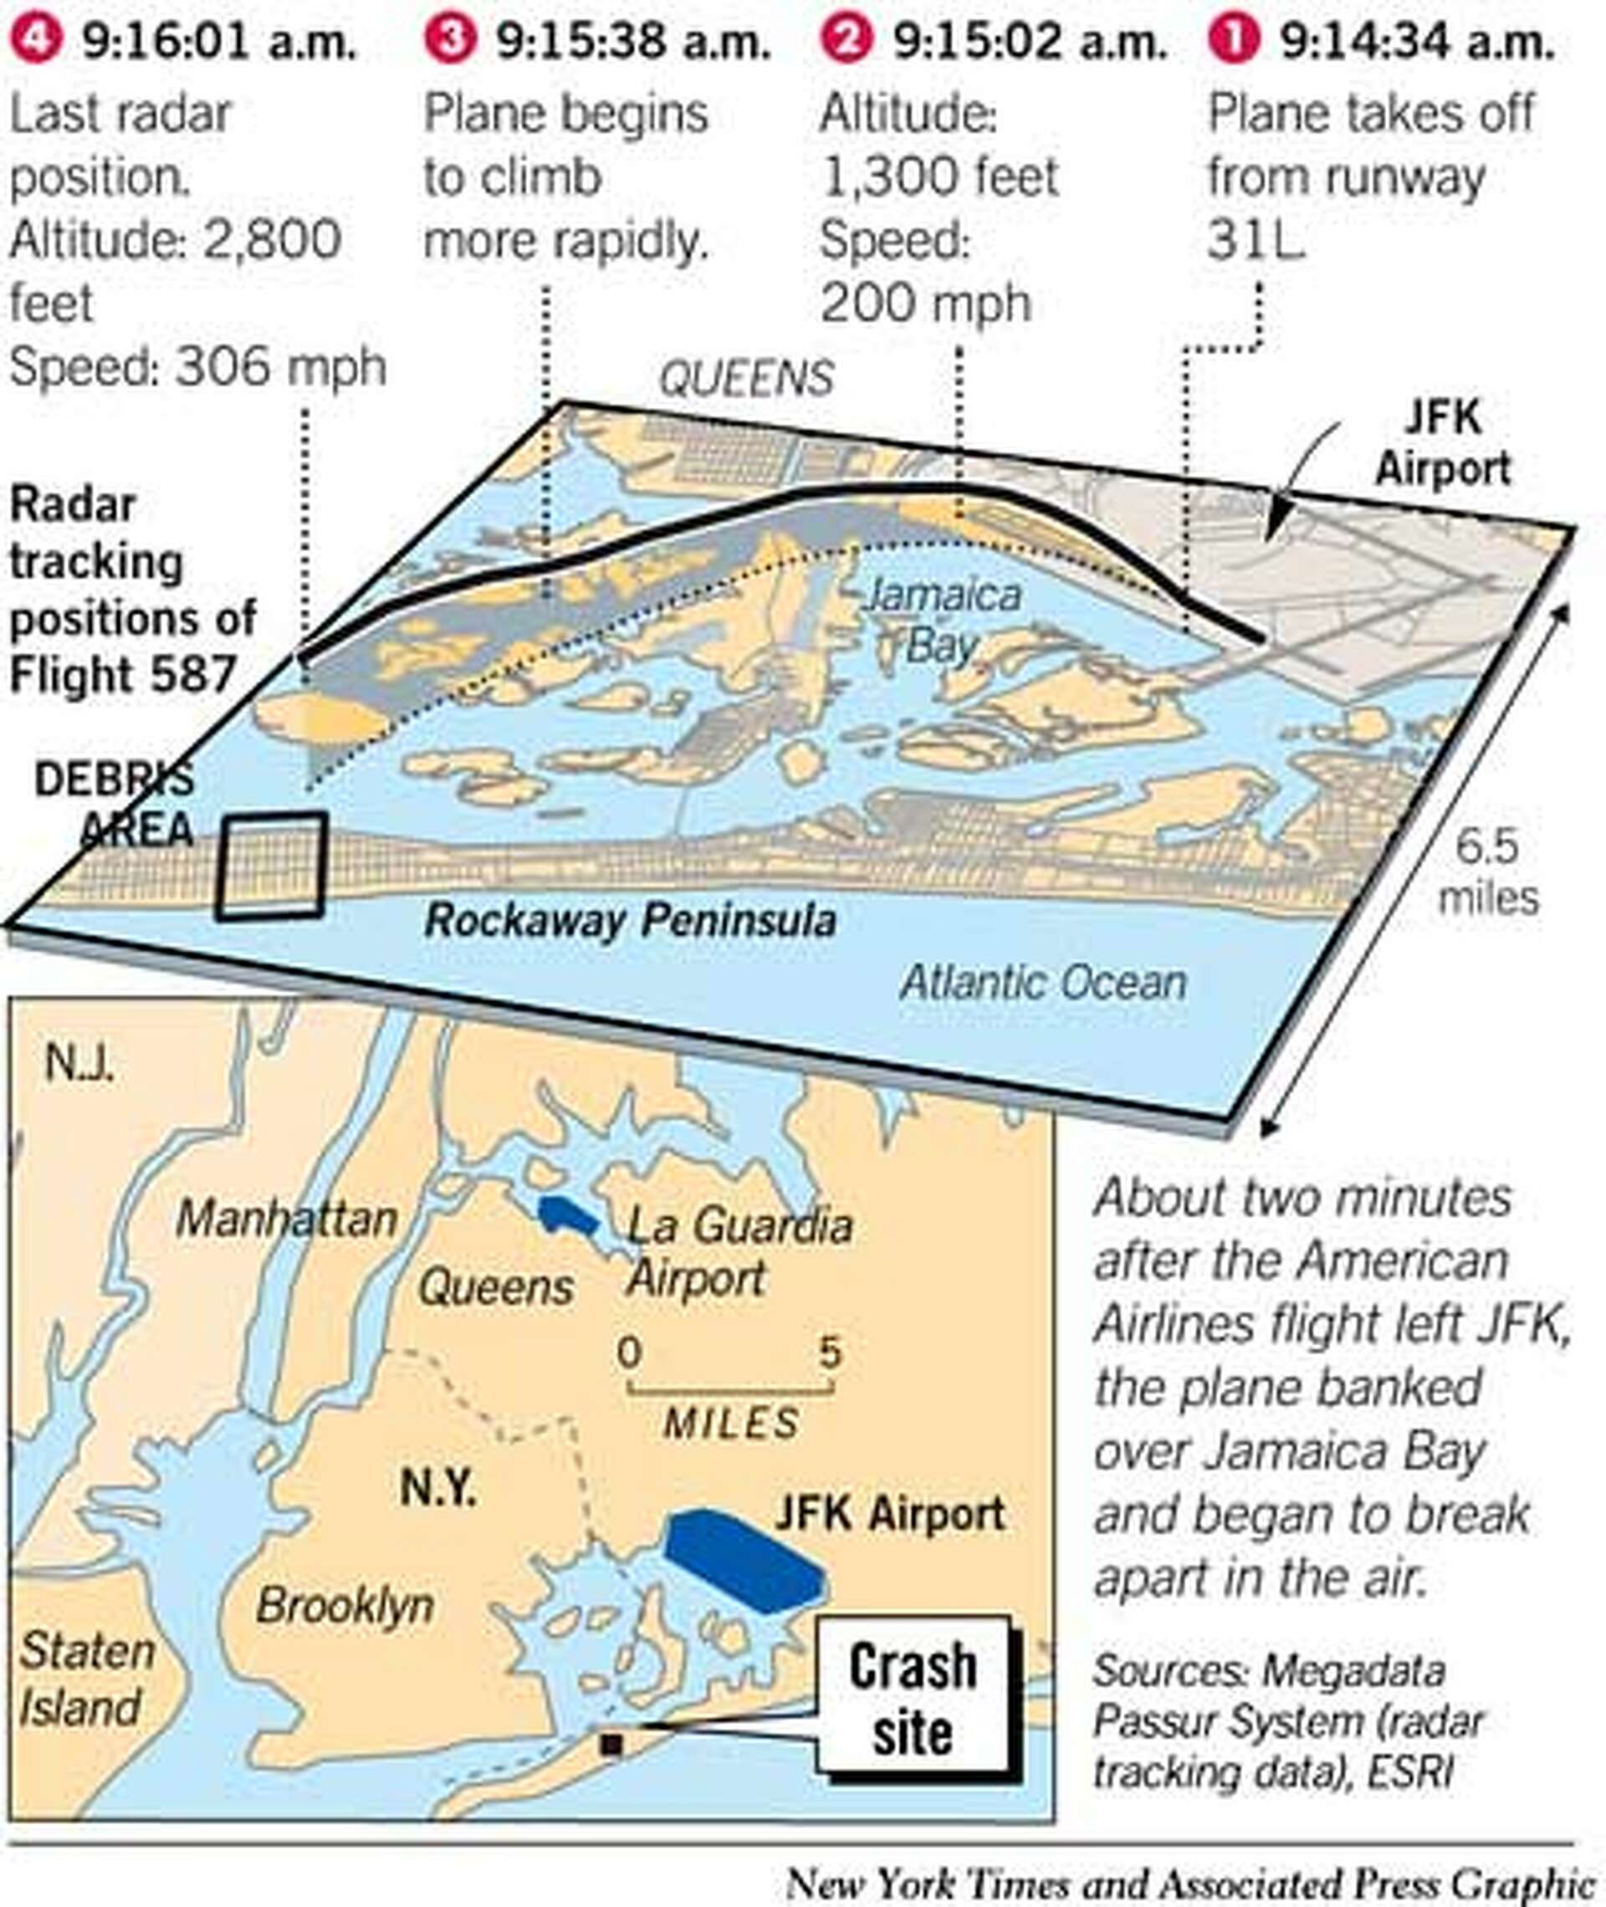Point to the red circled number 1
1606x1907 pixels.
pos(1233,40)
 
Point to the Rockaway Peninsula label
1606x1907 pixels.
pos(630,919)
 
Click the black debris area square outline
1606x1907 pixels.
pos(271,866)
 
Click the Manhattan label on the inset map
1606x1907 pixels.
pos(286,1219)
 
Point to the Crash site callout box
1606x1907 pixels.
pos(913,1698)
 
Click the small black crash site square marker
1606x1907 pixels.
pos(611,1744)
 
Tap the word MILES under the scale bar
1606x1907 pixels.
pos(731,1424)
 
